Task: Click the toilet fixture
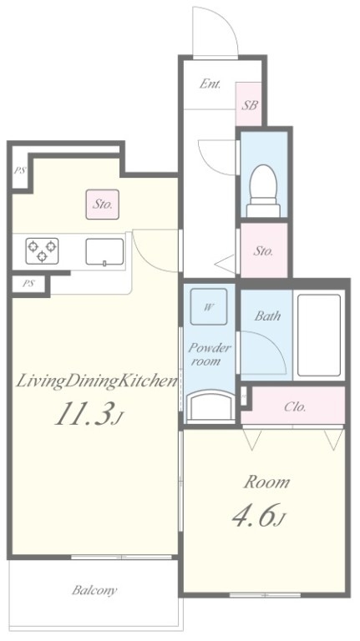263,191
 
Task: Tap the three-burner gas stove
42,251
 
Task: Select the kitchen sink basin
104,252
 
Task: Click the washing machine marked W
208,306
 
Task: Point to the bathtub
319,335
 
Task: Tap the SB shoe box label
249,105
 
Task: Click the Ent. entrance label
210,84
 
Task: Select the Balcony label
94,590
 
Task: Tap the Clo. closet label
295,406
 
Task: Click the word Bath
267,315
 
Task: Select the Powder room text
209,355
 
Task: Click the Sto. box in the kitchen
102,204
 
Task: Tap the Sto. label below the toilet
262,250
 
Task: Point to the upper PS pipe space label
19,170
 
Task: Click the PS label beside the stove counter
28,283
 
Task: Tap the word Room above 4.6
266,482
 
